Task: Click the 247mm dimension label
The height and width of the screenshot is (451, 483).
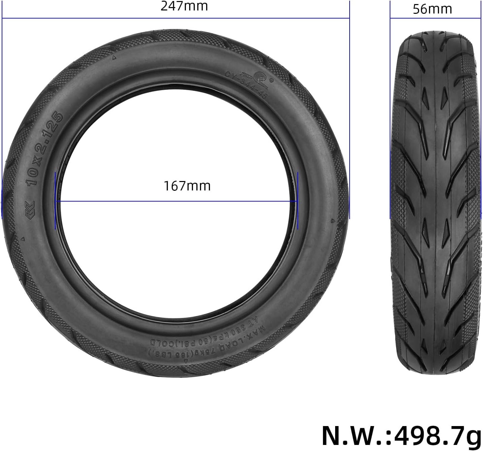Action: click(184, 6)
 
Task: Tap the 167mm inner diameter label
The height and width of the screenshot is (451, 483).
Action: click(187, 186)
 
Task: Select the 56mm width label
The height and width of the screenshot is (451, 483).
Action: click(432, 9)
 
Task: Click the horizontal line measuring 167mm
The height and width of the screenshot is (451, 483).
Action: click(175, 202)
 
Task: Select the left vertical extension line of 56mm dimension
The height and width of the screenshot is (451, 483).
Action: click(390, 13)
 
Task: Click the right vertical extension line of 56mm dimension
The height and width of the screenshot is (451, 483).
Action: click(481, 13)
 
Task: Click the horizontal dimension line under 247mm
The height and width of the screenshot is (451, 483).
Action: click(175, 18)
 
